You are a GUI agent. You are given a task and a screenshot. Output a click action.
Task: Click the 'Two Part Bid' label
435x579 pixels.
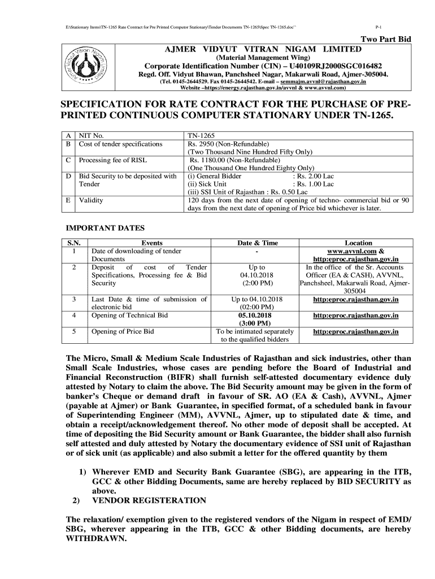pos(386,39)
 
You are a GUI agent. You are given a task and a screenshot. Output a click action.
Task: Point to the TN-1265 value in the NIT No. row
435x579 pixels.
pos(201,136)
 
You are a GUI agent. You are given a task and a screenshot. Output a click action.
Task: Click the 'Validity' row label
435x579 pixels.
pos(91,200)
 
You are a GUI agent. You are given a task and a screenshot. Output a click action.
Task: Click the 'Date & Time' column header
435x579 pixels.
pos(258,243)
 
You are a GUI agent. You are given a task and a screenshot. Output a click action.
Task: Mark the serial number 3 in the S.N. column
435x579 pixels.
pos(74,299)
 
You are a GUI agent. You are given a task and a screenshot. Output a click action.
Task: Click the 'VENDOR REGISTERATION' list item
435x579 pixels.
pos(149,500)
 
